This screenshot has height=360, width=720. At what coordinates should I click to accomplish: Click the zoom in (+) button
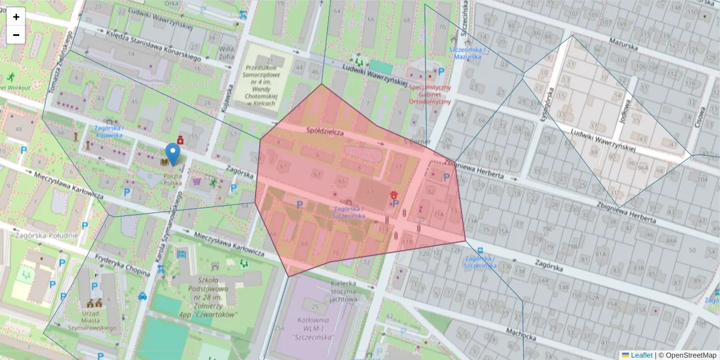click(16, 17)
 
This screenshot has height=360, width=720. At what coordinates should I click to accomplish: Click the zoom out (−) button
click(16, 35)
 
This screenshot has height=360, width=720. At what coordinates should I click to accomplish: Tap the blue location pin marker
click(173, 154)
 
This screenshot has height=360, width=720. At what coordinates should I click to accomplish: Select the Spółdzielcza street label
click(325, 131)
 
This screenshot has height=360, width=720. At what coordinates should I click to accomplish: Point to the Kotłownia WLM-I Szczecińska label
click(315, 329)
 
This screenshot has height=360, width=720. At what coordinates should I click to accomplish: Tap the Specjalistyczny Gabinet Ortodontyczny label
click(430, 94)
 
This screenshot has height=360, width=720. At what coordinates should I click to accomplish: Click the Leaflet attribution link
click(641, 355)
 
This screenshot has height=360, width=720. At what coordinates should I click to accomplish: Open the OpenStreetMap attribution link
click(690, 355)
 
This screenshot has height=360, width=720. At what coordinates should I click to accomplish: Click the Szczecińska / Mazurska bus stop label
click(467, 53)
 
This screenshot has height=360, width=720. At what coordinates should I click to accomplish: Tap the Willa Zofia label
click(227, 53)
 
